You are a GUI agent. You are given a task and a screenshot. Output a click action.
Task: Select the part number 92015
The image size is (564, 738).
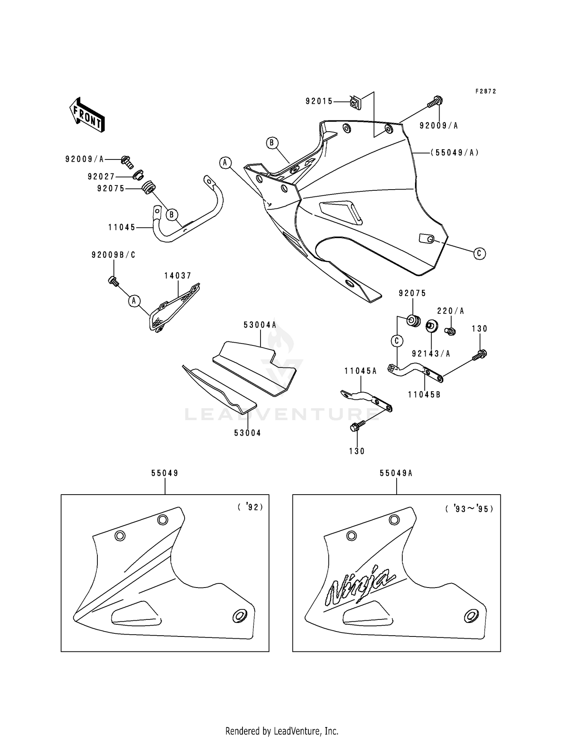click(319, 101)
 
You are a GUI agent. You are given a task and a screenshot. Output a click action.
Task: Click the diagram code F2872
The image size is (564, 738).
click(485, 91)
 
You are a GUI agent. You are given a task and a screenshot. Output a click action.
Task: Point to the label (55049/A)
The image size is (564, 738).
click(455, 153)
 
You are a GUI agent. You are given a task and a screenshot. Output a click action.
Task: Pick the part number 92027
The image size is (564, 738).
click(101, 176)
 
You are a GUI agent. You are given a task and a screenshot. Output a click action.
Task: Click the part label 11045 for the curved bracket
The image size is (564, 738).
click(122, 227)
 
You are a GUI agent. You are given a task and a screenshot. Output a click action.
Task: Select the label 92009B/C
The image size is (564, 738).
click(114, 255)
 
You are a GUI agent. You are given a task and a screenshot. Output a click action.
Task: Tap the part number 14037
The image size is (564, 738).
click(177, 276)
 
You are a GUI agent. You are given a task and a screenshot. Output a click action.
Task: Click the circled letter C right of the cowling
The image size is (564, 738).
click(479, 254)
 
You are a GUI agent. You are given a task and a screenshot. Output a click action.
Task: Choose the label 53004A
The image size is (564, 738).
click(260, 325)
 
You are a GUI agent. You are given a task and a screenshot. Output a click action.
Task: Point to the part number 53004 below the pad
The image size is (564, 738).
click(247, 433)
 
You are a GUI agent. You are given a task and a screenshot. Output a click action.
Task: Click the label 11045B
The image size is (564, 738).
click(424, 395)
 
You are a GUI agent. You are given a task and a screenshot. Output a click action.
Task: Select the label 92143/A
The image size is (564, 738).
click(431, 354)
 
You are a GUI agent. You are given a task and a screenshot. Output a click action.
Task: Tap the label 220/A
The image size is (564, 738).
click(450, 311)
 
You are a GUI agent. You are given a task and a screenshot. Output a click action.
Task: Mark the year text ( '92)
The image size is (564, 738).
click(250, 507)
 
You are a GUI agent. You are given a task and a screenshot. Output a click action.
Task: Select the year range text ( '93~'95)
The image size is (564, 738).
click(469, 509)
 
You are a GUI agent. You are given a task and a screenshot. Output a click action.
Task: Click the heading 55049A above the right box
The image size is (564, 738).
click(396, 473)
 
